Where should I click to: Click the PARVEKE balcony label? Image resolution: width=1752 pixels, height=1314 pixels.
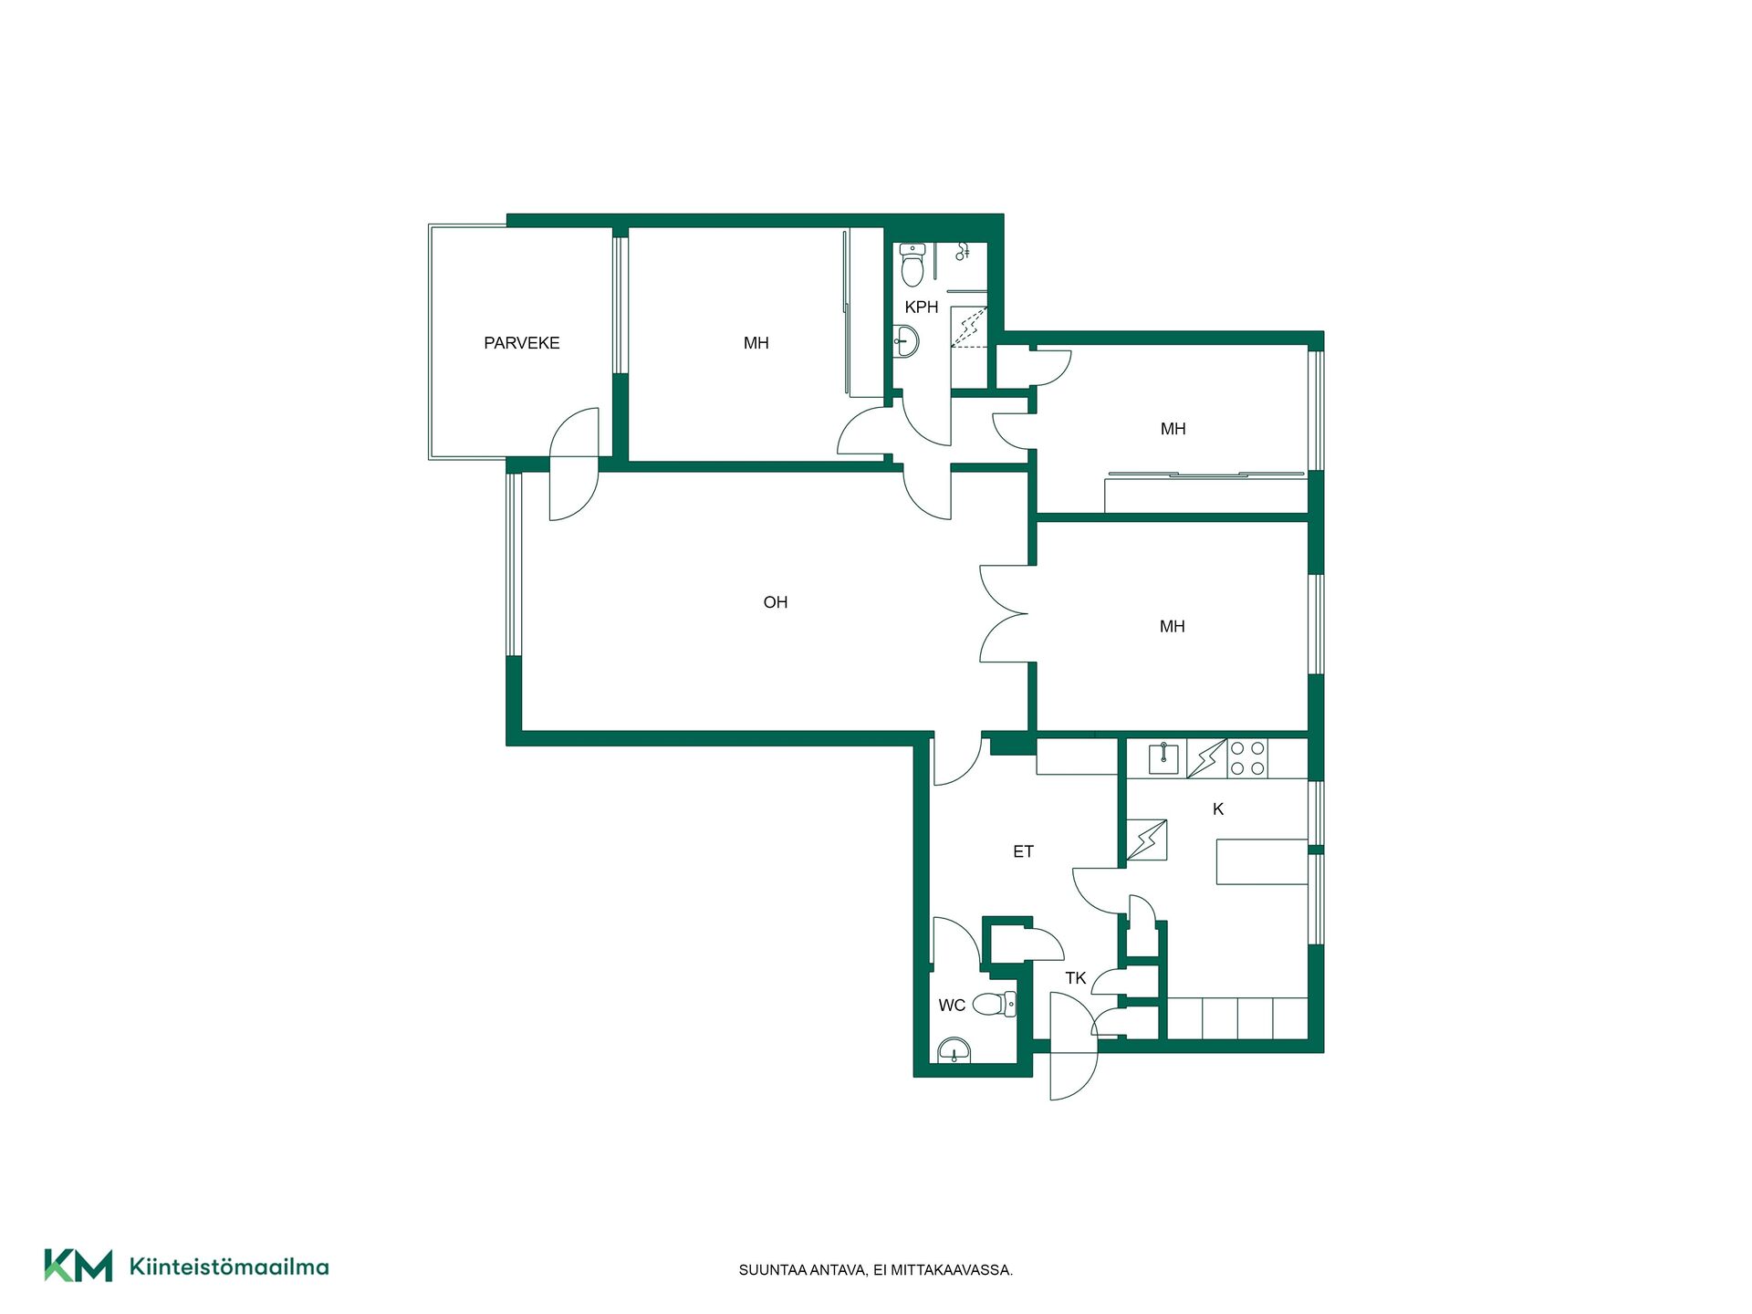pos(521,343)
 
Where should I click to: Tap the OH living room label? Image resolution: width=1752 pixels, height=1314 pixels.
pos(776,602)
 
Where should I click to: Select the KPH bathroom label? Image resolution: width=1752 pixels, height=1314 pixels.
pos(922,308)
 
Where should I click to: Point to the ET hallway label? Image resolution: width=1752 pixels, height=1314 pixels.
pos(1023,851)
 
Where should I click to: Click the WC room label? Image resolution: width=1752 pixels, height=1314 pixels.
pos(952,1006)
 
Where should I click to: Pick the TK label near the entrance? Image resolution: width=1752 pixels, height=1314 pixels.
pos(1076,978)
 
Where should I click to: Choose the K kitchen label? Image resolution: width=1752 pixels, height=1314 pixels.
pos(1218,809)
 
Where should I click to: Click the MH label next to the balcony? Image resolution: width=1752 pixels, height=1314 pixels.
pos(756,343)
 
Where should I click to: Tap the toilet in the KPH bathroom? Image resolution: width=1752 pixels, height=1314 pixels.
pos(912,265)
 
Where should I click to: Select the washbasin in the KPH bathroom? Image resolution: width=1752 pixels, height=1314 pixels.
pos(905,342)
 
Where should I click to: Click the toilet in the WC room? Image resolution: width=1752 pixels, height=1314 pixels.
pos(995,1005)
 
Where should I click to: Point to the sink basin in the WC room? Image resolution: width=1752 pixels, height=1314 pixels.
pos(954,1051)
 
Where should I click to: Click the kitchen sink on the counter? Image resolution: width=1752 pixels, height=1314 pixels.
pos(1163,758)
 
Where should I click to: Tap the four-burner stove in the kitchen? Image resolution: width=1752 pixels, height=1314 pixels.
pos(1247,758)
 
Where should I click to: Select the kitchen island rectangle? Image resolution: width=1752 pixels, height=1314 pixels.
pos(1262,861)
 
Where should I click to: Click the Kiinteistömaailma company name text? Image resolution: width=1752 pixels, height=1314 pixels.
pos(229,1267)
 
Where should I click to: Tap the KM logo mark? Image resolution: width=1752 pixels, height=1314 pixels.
pos(78,1266)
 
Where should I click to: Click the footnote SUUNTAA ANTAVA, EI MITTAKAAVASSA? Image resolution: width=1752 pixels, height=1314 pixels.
pos(876,1270)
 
